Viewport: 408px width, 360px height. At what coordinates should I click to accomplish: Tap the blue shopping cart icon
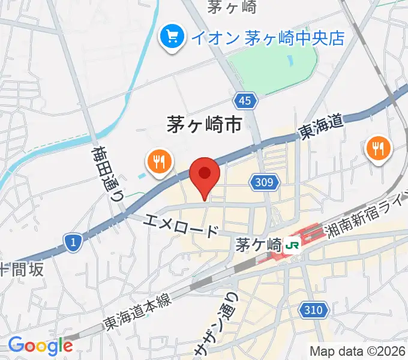click(x=172, y=38)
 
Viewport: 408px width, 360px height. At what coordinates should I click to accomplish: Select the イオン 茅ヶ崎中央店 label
click(x=268, y=38)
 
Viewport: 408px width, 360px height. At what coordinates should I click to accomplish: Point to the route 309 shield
click(x=268, y=182)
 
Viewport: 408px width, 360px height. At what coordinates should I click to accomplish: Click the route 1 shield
click(x=72, y=242)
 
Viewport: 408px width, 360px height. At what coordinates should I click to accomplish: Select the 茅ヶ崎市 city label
click(x=204, y=125)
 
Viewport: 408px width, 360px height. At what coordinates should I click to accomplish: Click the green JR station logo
click(x=292, y=245)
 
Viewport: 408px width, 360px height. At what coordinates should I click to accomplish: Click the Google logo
click(x=40, y=346)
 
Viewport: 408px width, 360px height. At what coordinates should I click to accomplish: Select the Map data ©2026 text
click(x=358, y=350)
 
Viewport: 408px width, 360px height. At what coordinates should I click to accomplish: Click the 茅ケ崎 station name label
click(x=259, y=245)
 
